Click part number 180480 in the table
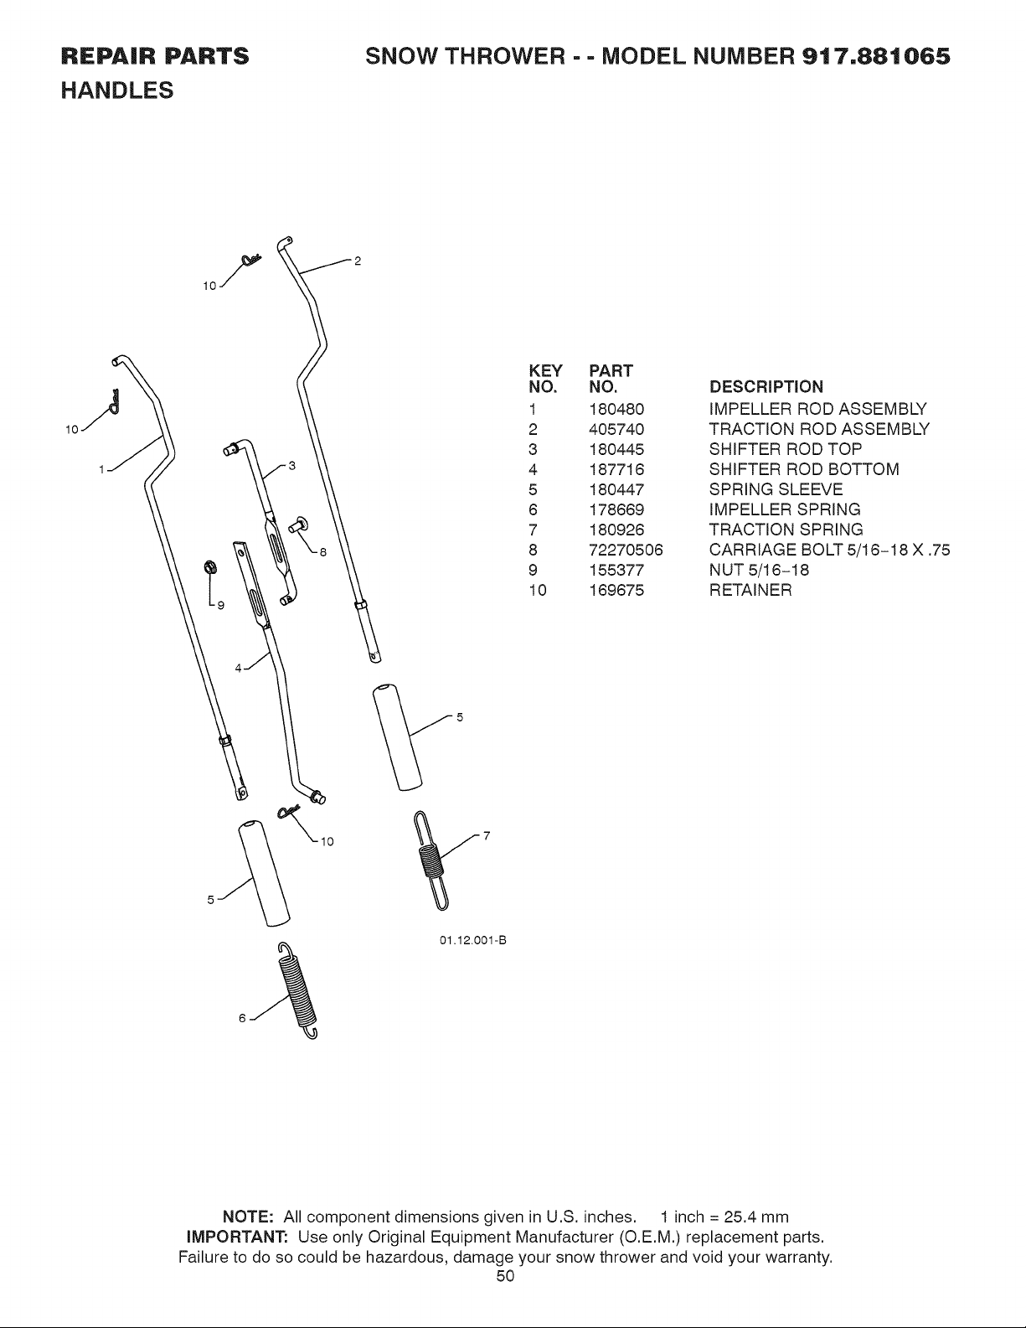[616, 409]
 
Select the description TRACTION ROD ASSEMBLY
[819, 429]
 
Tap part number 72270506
[626, 550]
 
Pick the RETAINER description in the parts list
[750, 591]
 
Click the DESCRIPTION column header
[766, 387]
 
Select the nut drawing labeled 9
[209, 567]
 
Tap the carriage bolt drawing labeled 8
[299, 524]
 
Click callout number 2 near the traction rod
[358, 261]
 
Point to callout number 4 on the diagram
[239, 668]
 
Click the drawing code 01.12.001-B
[473, 940]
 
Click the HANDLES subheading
[117, 90]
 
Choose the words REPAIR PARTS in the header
[155, 56]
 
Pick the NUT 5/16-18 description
[759, 571]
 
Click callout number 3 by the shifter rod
[292, 466]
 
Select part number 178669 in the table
[616, 509]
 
